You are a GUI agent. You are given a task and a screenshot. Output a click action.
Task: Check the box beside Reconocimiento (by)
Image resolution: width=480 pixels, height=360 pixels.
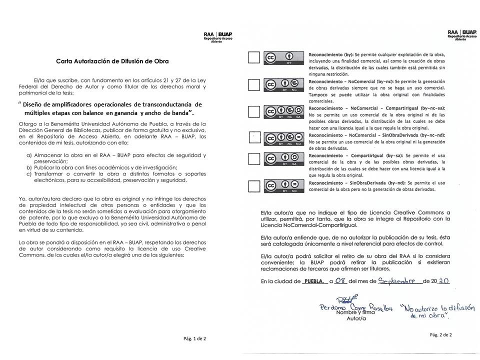coord(254,57)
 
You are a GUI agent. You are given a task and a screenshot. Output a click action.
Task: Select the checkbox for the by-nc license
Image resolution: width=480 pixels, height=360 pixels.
coord(254,84)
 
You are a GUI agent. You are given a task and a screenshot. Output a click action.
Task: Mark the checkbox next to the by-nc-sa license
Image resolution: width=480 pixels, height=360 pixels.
coord(254,111)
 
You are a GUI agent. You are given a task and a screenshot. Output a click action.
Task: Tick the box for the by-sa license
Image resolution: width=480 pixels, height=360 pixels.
coord(254,159)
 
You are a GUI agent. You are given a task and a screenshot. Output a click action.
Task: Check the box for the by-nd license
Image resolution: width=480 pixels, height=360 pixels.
coord(254,186)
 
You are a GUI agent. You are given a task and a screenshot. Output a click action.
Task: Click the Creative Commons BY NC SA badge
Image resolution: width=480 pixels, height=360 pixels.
coord(283,111)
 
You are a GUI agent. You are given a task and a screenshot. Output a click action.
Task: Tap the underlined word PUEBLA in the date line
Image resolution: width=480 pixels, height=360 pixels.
coord(314,281)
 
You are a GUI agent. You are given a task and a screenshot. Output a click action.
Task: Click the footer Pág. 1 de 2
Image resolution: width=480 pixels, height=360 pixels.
coord(194,338)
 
